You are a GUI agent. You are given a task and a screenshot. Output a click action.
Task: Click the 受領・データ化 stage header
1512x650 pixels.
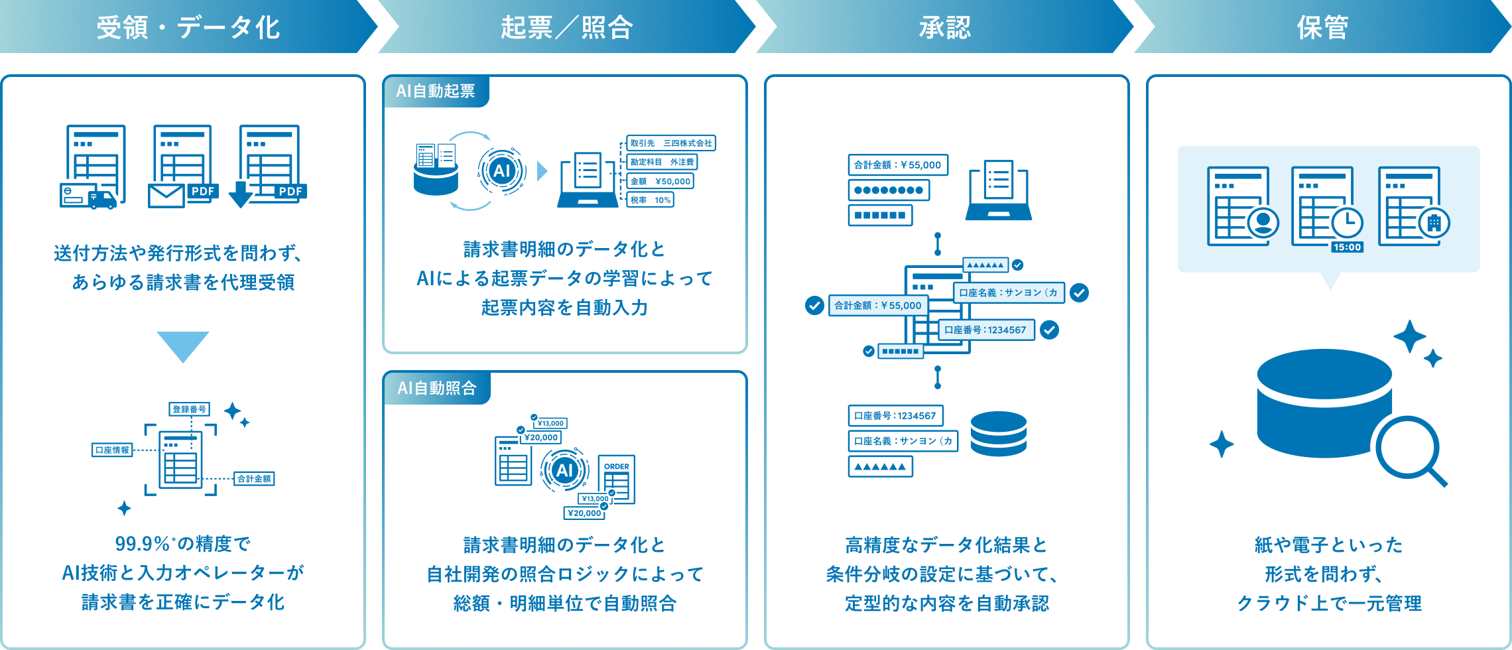point(188,27)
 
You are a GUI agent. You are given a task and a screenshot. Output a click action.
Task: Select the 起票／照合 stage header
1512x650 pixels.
point(567,27)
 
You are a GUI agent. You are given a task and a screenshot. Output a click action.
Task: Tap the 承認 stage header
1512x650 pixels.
point(945,27)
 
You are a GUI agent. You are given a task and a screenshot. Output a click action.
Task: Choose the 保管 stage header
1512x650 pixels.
point(1323,27)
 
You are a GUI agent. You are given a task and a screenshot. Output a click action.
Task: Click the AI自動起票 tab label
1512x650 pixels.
point(436,92)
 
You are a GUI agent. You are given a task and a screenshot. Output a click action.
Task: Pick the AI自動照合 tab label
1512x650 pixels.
point(437,388)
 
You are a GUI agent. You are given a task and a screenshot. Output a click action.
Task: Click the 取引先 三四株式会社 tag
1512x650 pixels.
point(671,143)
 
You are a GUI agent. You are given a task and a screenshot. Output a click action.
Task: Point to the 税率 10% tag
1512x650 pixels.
point(651,200)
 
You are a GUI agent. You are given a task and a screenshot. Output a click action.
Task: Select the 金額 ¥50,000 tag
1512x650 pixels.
point(661,181)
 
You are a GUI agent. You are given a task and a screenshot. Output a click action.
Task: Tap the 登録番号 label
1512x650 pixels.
point(190,409)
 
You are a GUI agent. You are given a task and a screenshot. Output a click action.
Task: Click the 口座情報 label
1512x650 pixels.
point(112,450)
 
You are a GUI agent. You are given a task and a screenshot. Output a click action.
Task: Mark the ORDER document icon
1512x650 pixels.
point(617,480)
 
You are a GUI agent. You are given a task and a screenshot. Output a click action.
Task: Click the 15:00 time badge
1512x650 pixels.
point(1347,247)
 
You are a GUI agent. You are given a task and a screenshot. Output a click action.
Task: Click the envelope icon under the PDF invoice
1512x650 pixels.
point(166,196)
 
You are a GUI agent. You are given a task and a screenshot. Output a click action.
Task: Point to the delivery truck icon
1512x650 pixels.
point(103,200)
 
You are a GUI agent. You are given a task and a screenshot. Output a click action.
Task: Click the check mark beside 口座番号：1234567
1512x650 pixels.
point(1049,330)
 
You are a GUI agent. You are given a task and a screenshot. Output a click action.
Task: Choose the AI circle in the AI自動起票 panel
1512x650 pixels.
point(502,171)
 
